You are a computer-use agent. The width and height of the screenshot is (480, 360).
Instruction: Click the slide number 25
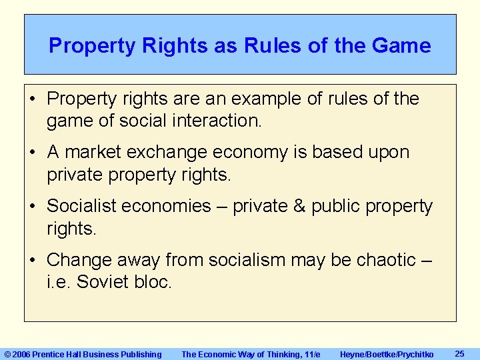(x=459, y=353)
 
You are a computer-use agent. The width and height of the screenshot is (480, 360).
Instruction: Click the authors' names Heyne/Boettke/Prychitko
(x=387, y=354)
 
